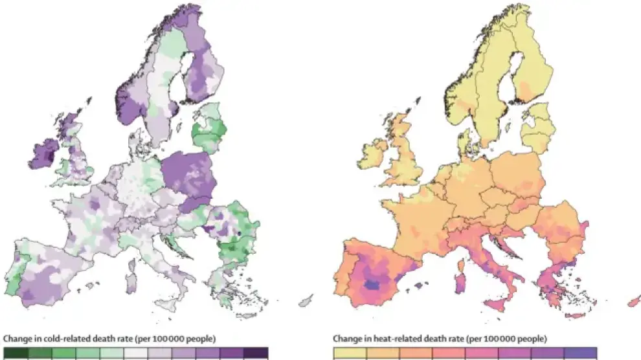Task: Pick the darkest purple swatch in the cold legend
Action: (255, 354)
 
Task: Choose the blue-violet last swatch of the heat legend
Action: (580, 354)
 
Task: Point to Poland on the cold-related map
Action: (188, 175)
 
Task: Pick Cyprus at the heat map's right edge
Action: (634, 302)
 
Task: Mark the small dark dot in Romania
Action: (239, 233)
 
